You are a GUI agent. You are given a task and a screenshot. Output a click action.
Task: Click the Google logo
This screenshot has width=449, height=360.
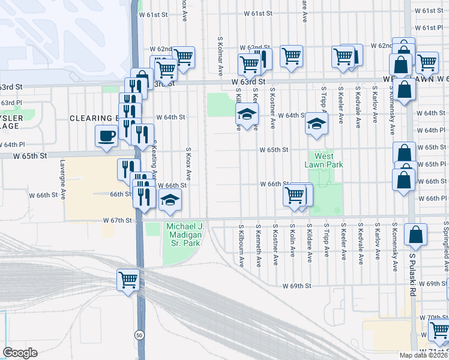click(x=20, y=353)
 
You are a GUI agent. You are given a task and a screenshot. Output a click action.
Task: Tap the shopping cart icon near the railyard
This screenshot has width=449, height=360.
click(x=128, y=280)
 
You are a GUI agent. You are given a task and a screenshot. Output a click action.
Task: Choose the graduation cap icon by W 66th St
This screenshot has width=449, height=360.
click(x=171, y=199)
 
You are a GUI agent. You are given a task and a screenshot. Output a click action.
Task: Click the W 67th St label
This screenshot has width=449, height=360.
click(x=117, y=221)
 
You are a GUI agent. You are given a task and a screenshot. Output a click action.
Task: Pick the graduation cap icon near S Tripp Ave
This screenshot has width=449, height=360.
click(x=316, y=124)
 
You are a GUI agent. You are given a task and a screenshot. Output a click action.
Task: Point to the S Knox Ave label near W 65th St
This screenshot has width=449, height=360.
click(x=188, y=164)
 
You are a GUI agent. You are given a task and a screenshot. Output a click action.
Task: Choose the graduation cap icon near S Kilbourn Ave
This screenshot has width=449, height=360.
click(x=246, y=113)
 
